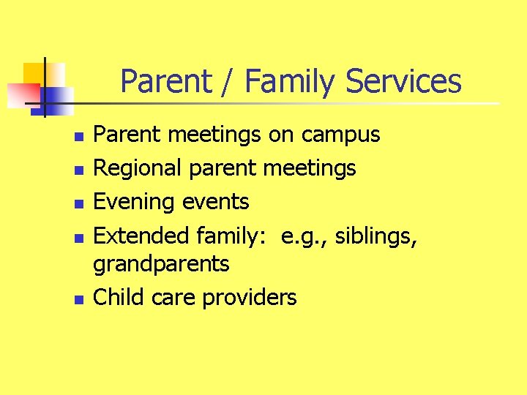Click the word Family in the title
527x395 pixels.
(291, 81)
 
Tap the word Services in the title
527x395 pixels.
(403, 81)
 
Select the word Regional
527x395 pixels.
(138, 168)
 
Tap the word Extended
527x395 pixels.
(143, 236)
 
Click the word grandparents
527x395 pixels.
(161, 264)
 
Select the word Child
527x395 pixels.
(120, 297)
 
